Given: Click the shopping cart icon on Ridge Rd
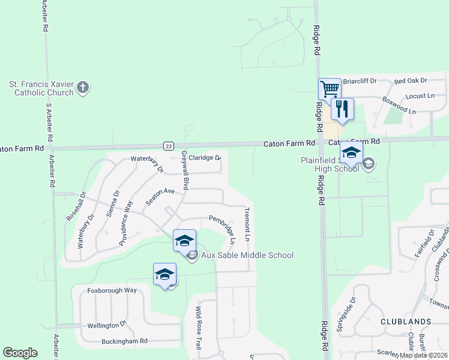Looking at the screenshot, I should click(x=330, y=89).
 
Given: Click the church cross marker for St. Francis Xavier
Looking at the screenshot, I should click(x=83, y=88).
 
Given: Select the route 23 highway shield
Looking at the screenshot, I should click(x=169, y=145).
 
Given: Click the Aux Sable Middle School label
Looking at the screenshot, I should click(x=247, y=256).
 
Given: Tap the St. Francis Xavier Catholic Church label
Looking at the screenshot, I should click(x=41, y=88).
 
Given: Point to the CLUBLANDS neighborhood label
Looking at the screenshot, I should click(x=405, y=322).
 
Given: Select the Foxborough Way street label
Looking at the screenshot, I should click(x=112, y=290).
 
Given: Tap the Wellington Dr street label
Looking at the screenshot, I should click(x=107, y=325).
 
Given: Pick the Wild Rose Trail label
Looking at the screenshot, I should click(x=198, y=329).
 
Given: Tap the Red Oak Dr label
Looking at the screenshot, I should click(x=410, y=80).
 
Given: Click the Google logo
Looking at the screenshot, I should click(x=20, y=353).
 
